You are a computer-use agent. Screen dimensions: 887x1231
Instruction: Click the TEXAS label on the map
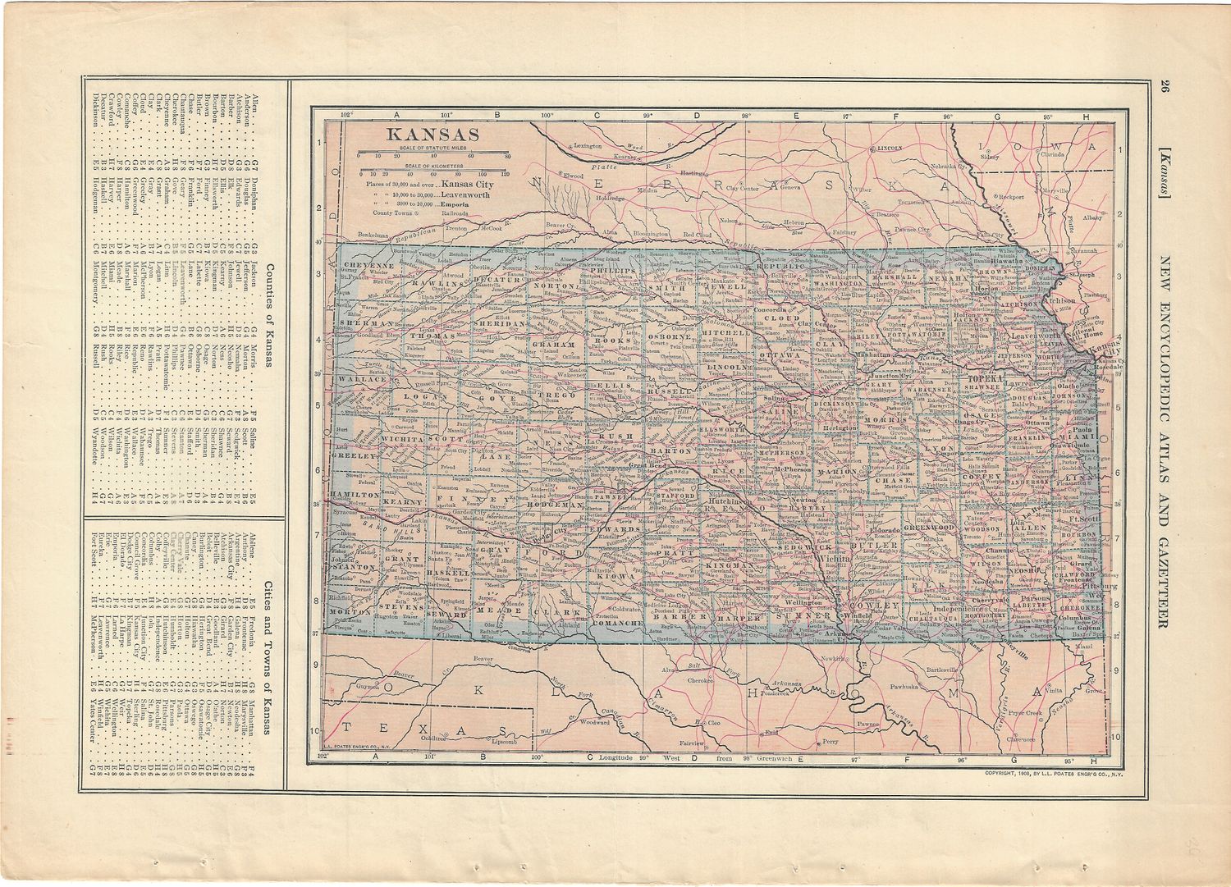423,729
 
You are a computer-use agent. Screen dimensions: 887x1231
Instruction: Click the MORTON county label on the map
351,613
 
